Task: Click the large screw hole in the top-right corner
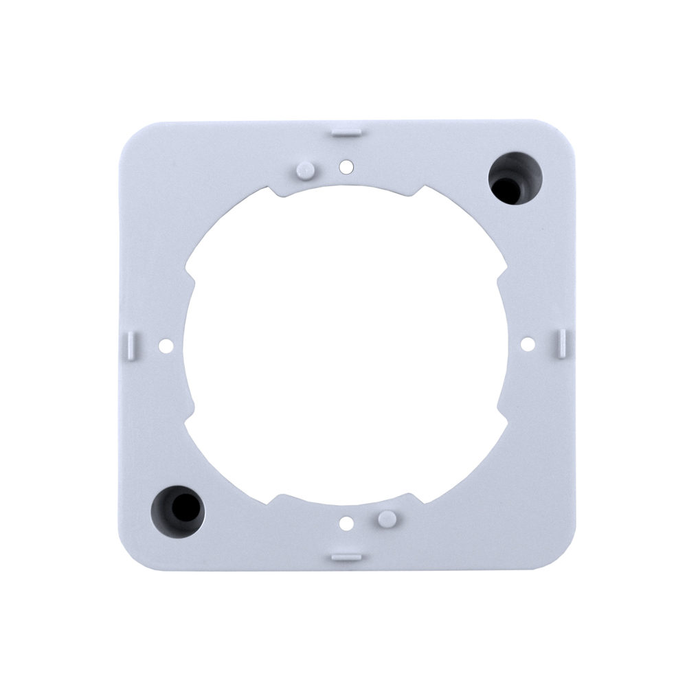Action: pyautogui.click(x=514, y=179)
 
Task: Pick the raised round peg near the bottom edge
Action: pyautogui.click(x=386, y=517)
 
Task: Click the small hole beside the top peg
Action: pyautogui.click(x=346, y=166)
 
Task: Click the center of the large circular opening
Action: pyautogui.click(x=346, y=343)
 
